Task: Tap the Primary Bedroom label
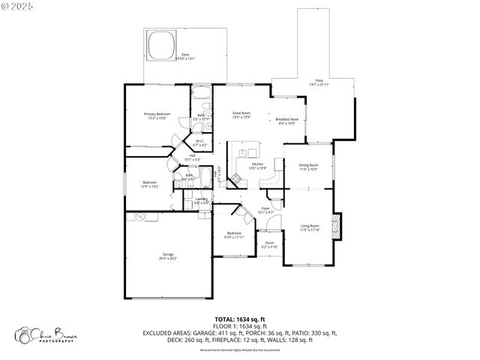pyautogui.click(x=157, y=115)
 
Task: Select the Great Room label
pyautogui.click(x=241, y=115)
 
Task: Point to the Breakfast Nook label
pyautogui.click(x=287, y=121)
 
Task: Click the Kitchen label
pyautogui.click(x=257, y=166)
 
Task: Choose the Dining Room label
pyautogui.click(x=309, y=166)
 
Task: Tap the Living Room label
pyautogui.click(x=310, y=227)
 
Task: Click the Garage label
pyautogui.click(x=168, y=256)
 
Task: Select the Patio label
pyautogui.click(x=319, y=82)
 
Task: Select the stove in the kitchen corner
pyautogui.click(x=235, y=179)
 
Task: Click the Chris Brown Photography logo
pyautogui.click(x=46, y=336)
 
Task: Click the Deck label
pyautogui.click(x=184, y=56)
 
